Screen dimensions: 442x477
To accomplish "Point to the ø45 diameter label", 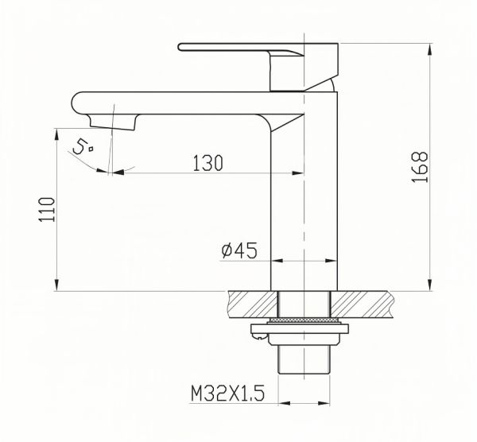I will tap(238, 251).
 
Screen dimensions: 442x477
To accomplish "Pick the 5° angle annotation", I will tap(82, 147).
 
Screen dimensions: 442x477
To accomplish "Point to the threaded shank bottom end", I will tap(304, 369).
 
